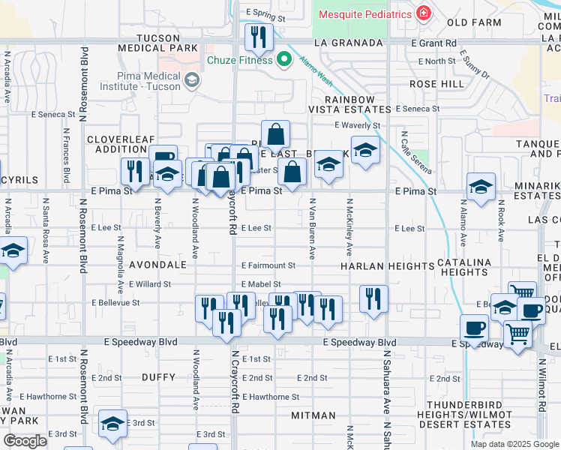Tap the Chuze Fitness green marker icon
pos(283,60)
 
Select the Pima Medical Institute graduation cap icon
pos(192,79)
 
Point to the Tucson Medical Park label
pos(158,43)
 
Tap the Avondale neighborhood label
pos(157,265)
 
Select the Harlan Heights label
pos(388,266)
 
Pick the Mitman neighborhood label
pos(313,415)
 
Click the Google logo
pos(25,441)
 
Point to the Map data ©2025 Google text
pos(514,444)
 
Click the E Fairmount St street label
pos(268,265)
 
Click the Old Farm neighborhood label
pos(475,22)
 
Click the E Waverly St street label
pos(358,125)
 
